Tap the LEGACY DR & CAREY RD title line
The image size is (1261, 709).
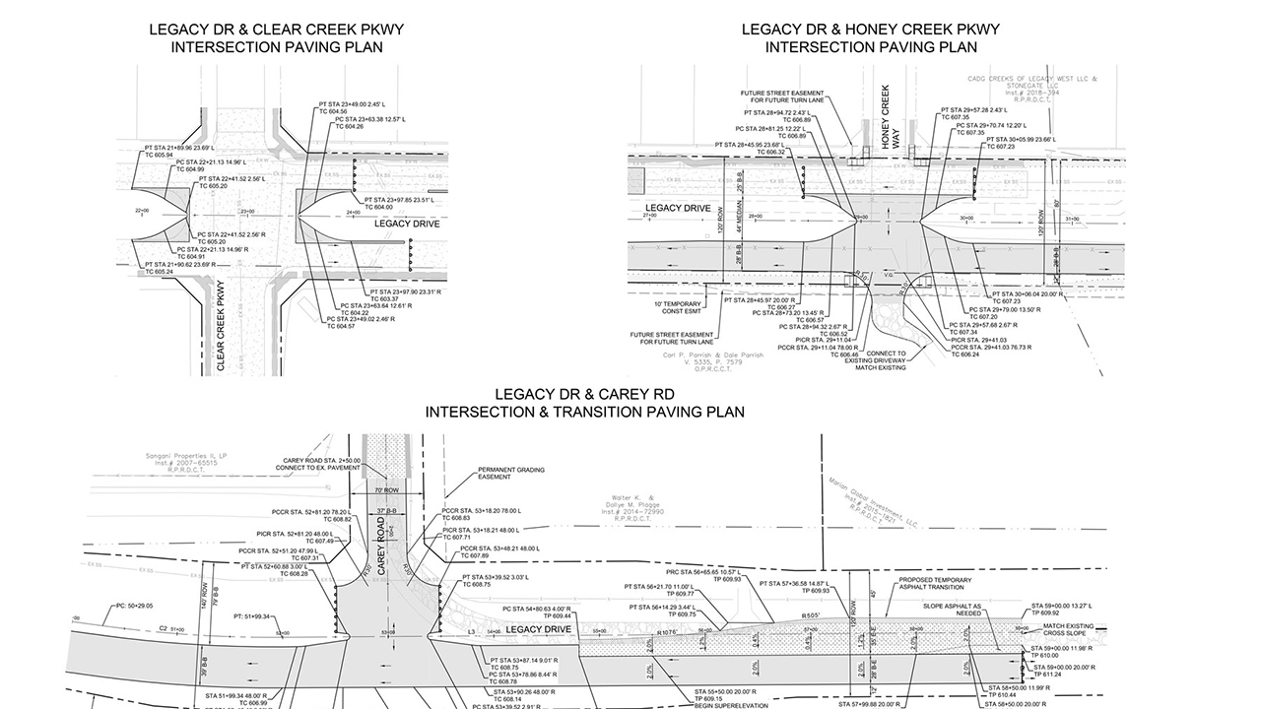(584, 394)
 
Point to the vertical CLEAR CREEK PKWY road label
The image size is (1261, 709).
(221, 326)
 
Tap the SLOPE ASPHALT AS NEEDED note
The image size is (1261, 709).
(951, 610)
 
